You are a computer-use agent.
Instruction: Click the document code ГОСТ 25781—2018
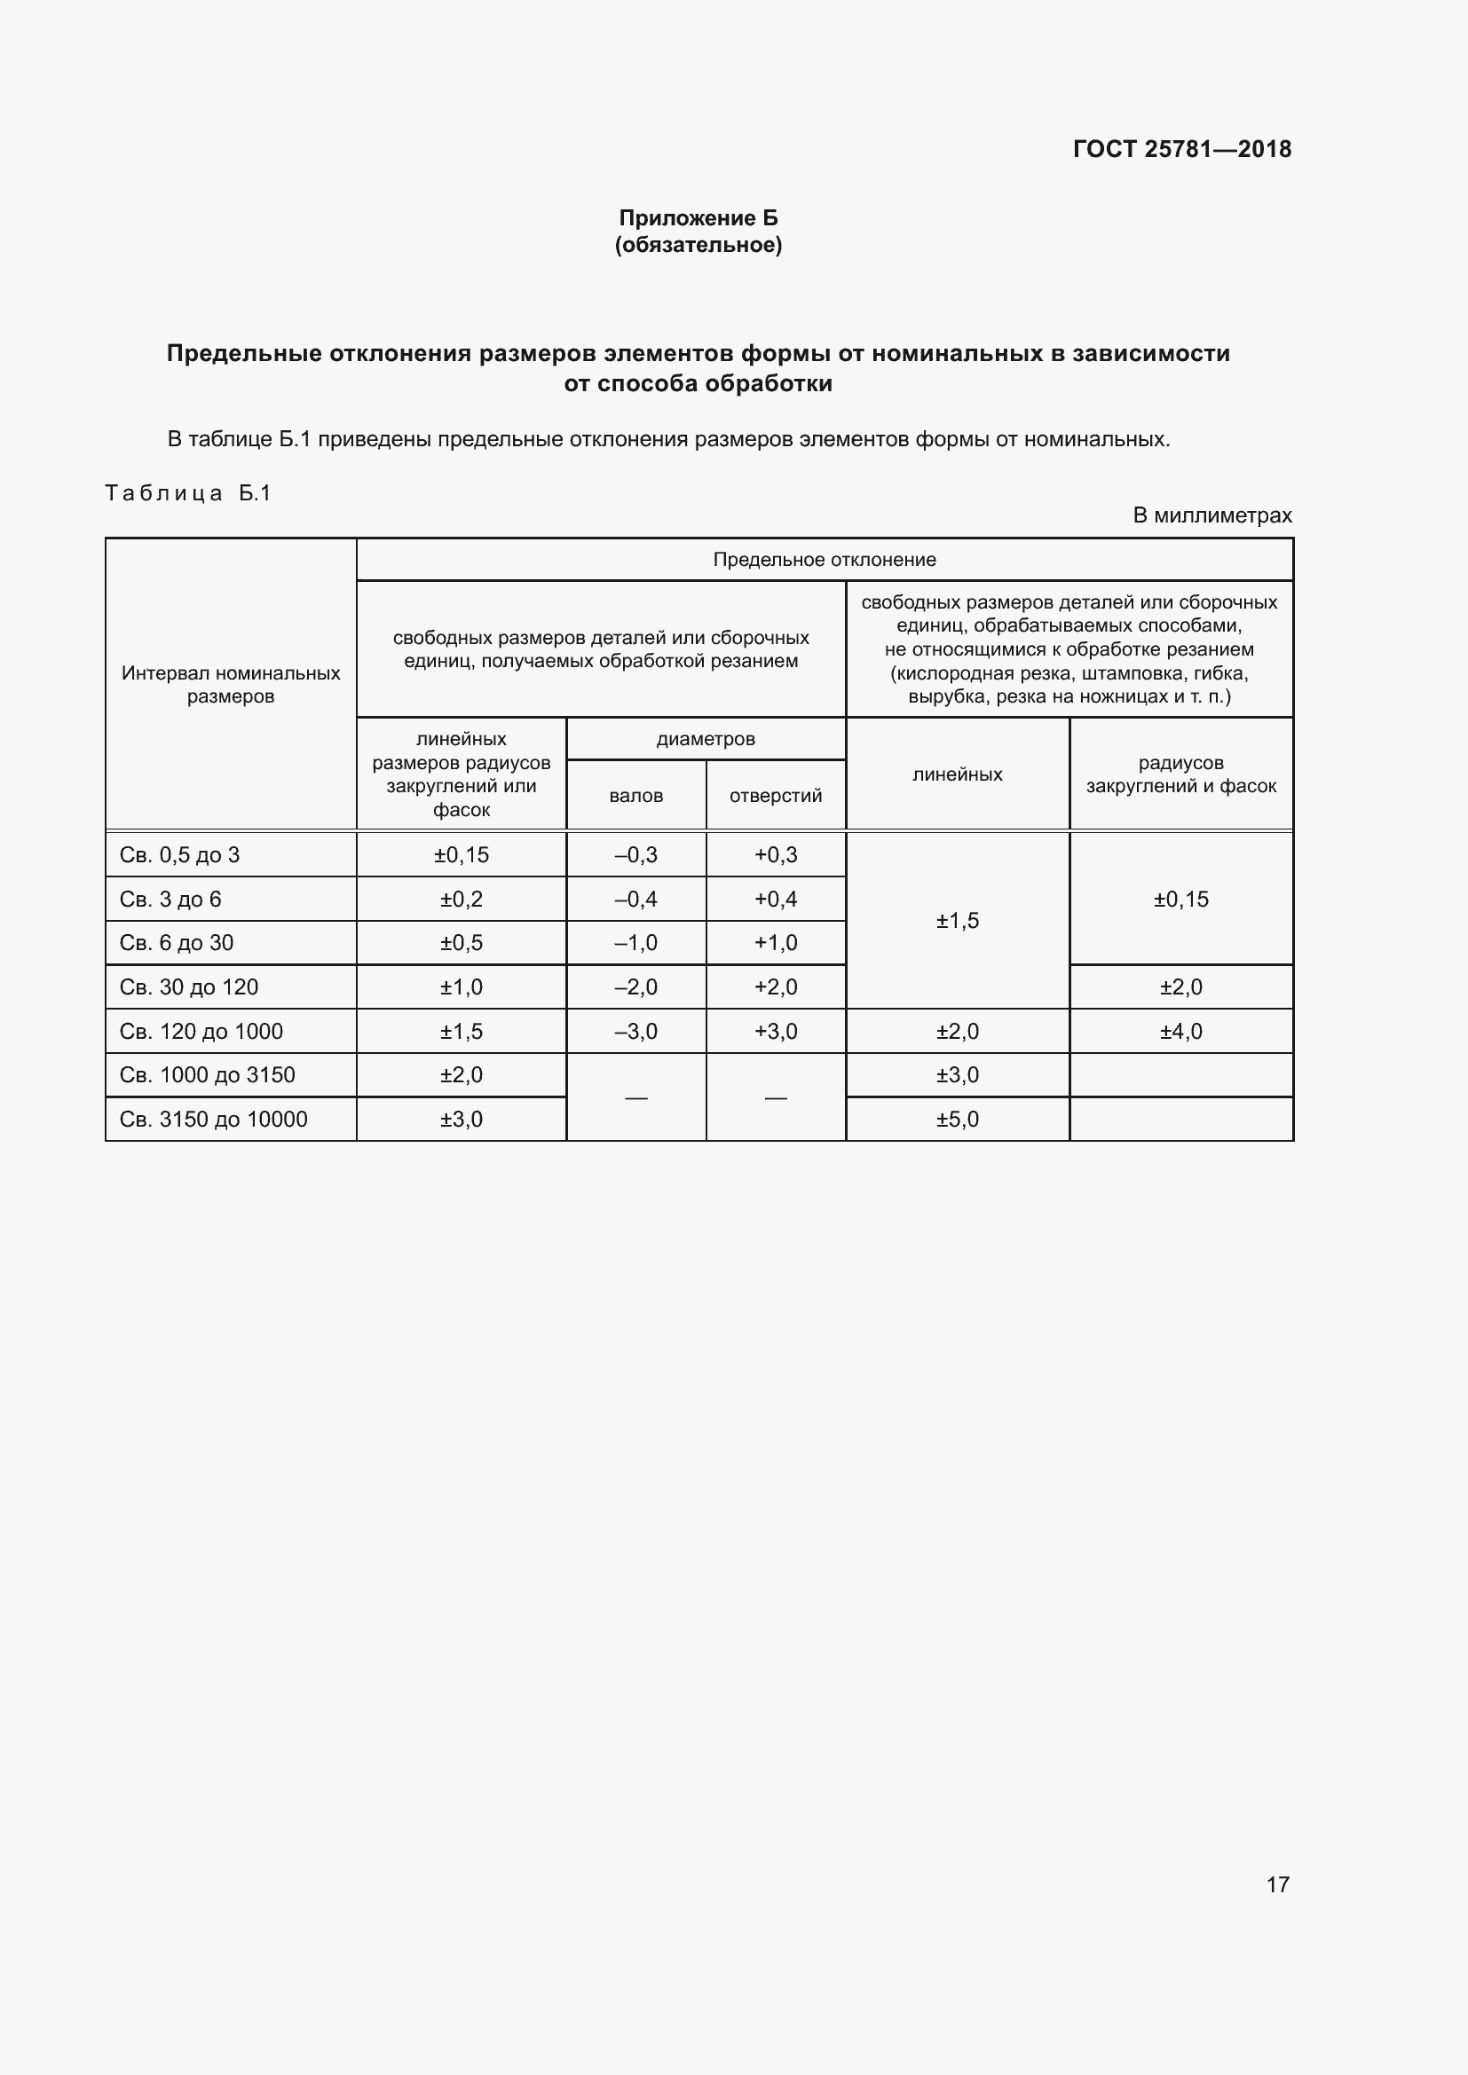point(1181,149)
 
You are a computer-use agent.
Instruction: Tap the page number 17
point(1277,1884)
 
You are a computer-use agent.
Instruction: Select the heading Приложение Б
point(698,218)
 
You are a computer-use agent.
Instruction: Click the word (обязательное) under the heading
point(698,245)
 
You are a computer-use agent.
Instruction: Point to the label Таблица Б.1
point(188,493)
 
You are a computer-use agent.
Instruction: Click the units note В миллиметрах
point(1211,515)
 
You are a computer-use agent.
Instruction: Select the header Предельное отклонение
point(824,560)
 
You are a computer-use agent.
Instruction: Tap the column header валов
point(635,795)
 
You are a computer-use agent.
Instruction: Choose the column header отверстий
point(776,795)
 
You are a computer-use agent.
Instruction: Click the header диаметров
point(705,738)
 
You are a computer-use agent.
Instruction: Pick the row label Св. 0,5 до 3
point(179,855)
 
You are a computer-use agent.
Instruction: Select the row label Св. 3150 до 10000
point(213,1119)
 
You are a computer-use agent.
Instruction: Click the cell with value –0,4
point(635,900)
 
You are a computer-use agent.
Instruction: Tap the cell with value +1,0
point(776,943)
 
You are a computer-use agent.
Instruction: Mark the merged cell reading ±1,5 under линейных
point(958,921)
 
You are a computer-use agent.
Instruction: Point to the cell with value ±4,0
point(1180,1031)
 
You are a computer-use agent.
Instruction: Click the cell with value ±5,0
point(958,1119)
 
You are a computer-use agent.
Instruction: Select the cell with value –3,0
point(635,1031)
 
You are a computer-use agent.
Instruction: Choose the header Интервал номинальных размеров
point(231,684)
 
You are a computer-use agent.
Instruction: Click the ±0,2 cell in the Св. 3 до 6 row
point(461,900)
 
